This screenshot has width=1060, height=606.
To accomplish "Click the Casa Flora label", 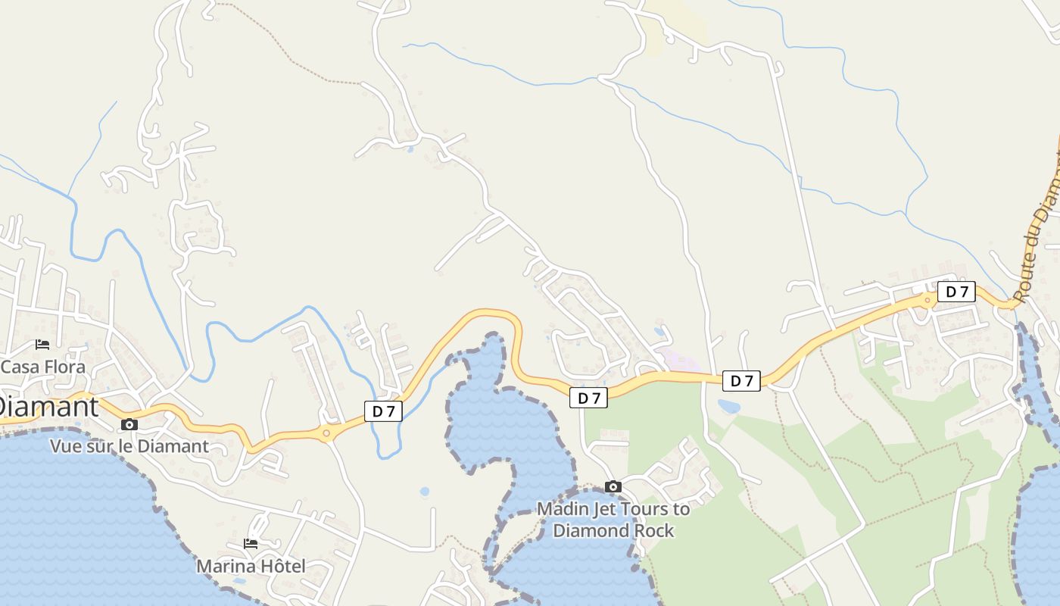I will [x=43, y=367].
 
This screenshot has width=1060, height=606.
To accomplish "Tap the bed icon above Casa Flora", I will [x=42, y=345].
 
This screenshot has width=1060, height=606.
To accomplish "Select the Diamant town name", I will [x=48, y=406].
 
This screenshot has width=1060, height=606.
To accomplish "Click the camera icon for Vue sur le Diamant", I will [x=129, y=424].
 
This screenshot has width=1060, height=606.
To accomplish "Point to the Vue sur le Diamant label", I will [x=129, y=445].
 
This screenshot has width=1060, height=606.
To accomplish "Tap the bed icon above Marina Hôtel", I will [x=251, y=544].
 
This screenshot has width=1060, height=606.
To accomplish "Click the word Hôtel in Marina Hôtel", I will [x=280, y=566].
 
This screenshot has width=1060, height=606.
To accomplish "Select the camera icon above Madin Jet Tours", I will [x=613, y=486].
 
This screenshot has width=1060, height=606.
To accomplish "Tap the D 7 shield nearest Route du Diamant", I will [x=956, y=292].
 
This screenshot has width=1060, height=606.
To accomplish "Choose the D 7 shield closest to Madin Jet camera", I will [x=588, y=398].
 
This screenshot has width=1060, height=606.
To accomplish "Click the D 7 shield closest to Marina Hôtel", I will [x=383, y=411].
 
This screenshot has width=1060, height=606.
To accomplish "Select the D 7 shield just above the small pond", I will [x=741, y=381].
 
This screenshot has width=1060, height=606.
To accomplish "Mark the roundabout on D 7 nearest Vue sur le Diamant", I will [x=326, y=433].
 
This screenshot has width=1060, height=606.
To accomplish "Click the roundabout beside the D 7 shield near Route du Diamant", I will [x=927, y=300].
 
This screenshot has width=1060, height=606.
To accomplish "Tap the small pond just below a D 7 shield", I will [x=729, y=407].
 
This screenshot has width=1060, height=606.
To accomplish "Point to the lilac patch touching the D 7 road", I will [x=678, y=361].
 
